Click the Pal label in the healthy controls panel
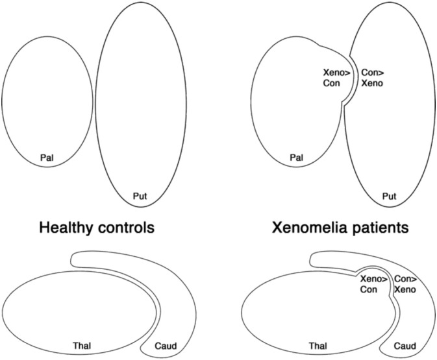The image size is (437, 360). pyautogui.click(x=47, y=157)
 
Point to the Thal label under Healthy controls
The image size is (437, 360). pyautogui.click(x=81, y=346)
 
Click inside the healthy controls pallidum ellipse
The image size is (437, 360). pyautogui.click(x=47, y=97)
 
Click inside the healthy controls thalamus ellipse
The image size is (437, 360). pyautogui.click(x=78, y=305)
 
